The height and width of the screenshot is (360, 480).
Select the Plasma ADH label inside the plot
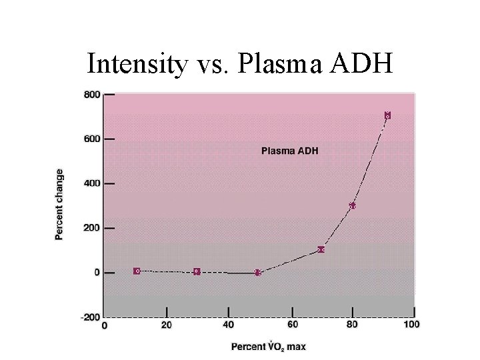[289, 151]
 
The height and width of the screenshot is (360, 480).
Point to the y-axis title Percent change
[59, 205]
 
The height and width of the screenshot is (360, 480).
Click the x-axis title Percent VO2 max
[269, 347]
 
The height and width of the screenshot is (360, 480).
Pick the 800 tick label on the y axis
[91, 95]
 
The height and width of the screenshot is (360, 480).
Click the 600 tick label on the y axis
[91, 139]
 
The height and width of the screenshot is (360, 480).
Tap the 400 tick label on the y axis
[91, 183]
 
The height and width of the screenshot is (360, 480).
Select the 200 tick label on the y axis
[91, 228]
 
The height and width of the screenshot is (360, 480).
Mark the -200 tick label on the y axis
[90, 317]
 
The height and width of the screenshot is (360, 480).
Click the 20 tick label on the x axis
[167, 325]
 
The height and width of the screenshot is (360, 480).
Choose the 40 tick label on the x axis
[229, 325]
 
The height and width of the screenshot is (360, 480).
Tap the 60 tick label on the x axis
[292, 325]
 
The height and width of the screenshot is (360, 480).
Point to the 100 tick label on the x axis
[411, 325]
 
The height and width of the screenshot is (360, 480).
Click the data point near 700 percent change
[387, 115]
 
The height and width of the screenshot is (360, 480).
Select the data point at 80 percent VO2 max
[352, 206]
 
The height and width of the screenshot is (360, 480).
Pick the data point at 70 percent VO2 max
[321, 249]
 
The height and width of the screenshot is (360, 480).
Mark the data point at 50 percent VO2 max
[257, 273]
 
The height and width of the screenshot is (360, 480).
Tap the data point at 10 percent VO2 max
[137, 271]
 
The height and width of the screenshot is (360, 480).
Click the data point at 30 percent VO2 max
[197, 272]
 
